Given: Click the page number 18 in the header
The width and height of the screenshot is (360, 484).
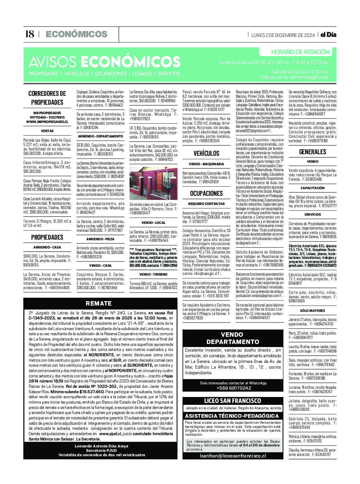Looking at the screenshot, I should coord(29,34).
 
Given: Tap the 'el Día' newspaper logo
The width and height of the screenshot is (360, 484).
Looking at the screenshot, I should coord(328,35).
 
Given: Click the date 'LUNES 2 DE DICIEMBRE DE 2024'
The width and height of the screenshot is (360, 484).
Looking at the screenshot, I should coord(283,35).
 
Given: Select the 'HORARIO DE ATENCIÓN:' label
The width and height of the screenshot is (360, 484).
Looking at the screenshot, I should coord(300,52).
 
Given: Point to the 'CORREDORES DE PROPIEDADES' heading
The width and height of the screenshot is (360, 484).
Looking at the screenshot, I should coord(47,98).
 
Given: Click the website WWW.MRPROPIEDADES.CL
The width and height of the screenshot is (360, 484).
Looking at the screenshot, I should coord(47,122).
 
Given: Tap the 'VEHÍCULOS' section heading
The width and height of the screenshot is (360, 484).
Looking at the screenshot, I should coord(206,154).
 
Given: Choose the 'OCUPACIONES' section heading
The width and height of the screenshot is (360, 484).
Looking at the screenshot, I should coord(206,194).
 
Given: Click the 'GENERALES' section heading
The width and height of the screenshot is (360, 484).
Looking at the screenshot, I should coord(312,152).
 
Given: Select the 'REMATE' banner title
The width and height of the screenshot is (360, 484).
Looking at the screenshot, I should coord(99,303).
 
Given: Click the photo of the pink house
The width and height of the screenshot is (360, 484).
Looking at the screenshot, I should coord(154,184).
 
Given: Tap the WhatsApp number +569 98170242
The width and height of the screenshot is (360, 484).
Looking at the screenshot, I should coord(233,388).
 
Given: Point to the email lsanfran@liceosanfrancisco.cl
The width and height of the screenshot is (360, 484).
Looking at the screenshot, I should coord(233,456).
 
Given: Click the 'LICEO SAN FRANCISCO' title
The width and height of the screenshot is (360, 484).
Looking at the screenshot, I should coord(233,401).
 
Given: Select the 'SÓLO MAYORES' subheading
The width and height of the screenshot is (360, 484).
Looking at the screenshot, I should coord(312,311).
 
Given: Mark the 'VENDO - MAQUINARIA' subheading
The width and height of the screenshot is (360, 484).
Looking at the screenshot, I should coord(206,164).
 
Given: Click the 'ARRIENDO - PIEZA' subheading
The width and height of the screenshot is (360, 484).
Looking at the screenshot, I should coord(100,239).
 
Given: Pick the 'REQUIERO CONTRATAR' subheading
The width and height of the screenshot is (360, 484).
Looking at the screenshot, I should coord(206,204).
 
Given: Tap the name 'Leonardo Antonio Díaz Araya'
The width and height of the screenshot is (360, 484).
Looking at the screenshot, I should coord(102,446).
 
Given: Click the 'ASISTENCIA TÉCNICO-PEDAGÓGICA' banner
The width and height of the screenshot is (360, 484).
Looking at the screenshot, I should coord(232,416).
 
